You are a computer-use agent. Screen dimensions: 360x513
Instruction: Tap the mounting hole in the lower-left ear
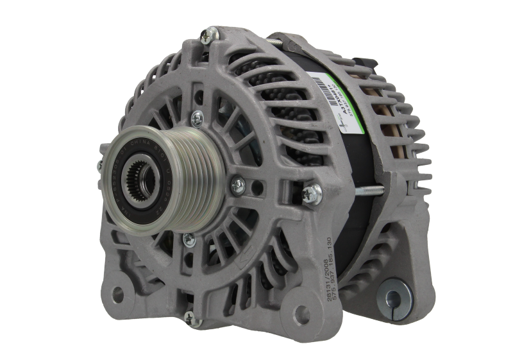pos(117,293)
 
